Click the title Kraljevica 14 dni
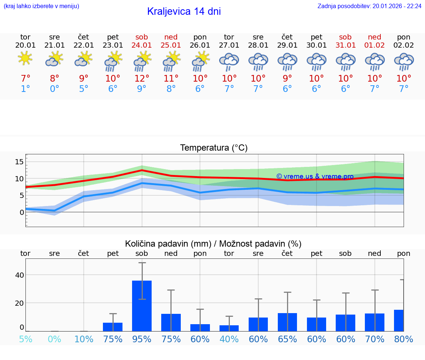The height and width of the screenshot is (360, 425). click(184, 11)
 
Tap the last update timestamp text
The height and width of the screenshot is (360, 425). click(369, 6)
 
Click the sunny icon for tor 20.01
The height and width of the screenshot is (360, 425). click(25, 58)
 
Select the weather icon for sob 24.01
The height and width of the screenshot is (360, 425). click(142, 61)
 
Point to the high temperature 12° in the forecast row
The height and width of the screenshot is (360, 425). click(142, 78)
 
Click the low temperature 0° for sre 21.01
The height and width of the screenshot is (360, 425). click(55, 89)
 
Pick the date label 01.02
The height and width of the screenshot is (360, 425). click(374, 45)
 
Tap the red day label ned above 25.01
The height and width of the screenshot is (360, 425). click(171, 37)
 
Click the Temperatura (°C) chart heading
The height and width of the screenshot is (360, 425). click(214, 148)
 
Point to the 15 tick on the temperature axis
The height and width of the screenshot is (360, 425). click(19, 162)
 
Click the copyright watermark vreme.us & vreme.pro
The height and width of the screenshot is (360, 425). click(315, 176)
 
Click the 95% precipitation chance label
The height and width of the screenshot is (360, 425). click(142, 339)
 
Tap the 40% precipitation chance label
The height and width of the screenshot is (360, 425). click(229, 339)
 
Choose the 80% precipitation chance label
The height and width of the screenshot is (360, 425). click(404, 339)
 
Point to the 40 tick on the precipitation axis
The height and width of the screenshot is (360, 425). click(19, 275)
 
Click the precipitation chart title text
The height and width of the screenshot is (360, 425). click(213, 244)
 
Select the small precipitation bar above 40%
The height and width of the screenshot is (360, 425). click(229, 328)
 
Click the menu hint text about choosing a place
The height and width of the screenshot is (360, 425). click(41, 6)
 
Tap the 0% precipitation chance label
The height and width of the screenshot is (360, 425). click(55, 339)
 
